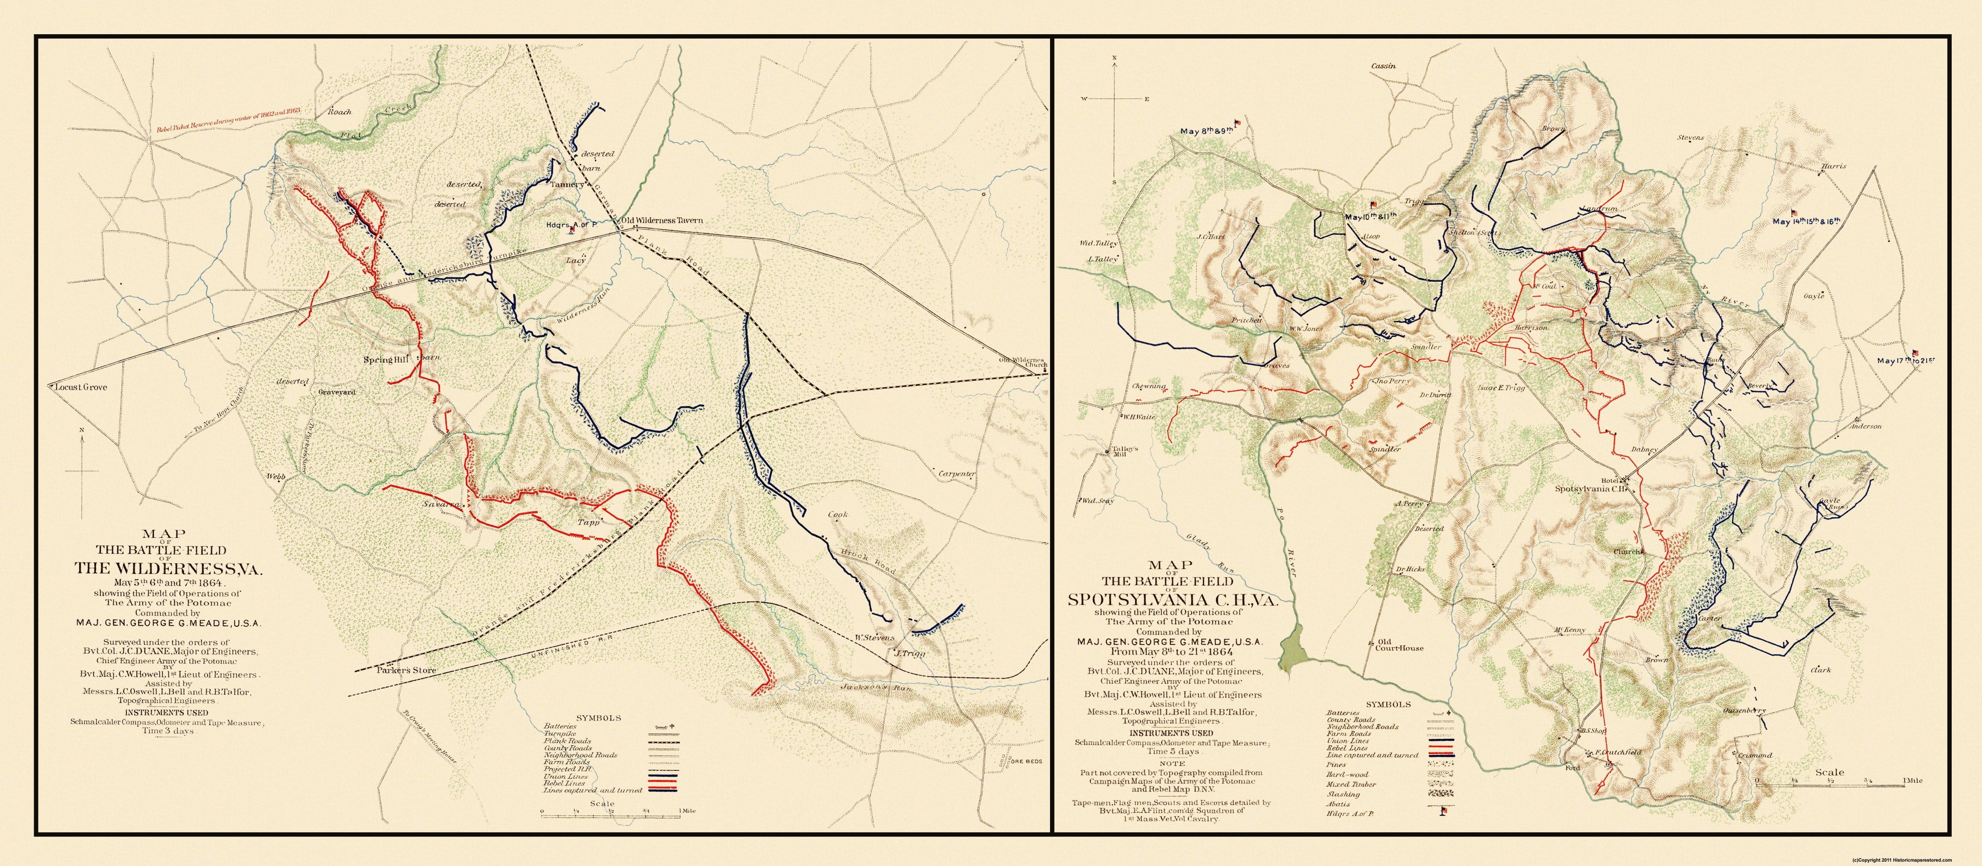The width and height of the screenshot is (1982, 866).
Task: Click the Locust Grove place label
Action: point(81,387)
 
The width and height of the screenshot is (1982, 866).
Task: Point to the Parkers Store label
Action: point(406,670)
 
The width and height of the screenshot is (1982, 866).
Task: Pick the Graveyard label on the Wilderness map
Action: point(337,392)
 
